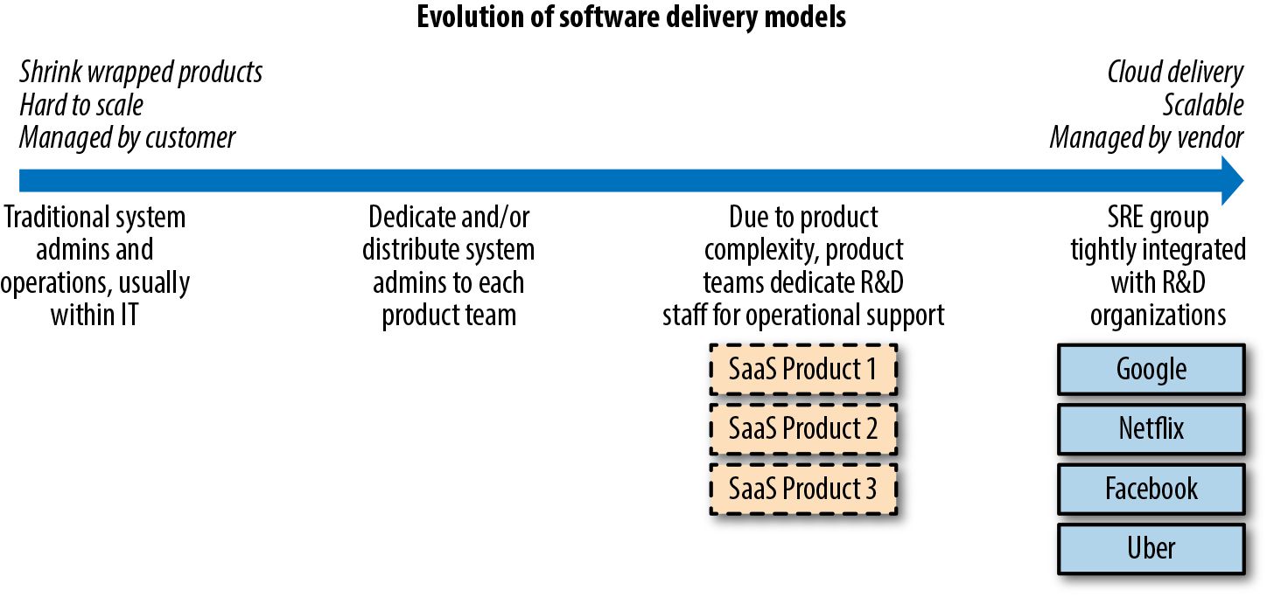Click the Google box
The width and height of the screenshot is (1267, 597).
coord(1151,370)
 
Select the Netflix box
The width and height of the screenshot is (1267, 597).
coord(1151,429)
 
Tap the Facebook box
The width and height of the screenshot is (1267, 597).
coord(1151,489)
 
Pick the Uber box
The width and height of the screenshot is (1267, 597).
coord(1151,549)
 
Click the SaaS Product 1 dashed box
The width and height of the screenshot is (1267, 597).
coord(803,370)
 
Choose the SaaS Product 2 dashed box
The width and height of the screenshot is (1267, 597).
coord(803,429)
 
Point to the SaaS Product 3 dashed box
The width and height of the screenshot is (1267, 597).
coord(803,489)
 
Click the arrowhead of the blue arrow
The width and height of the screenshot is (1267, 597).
coord(1233,181)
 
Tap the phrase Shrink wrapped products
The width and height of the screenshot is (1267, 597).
coord(141,73)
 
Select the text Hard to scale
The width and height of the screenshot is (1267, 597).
coord(81,105)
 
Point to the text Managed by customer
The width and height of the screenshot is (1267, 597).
coord(127,138)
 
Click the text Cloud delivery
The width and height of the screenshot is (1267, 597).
coord(1175,73)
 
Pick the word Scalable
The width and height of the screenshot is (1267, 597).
coord(1203,105)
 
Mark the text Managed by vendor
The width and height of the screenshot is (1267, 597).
coord(1146,138)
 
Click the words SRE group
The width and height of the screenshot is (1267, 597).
coord(1158,218)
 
